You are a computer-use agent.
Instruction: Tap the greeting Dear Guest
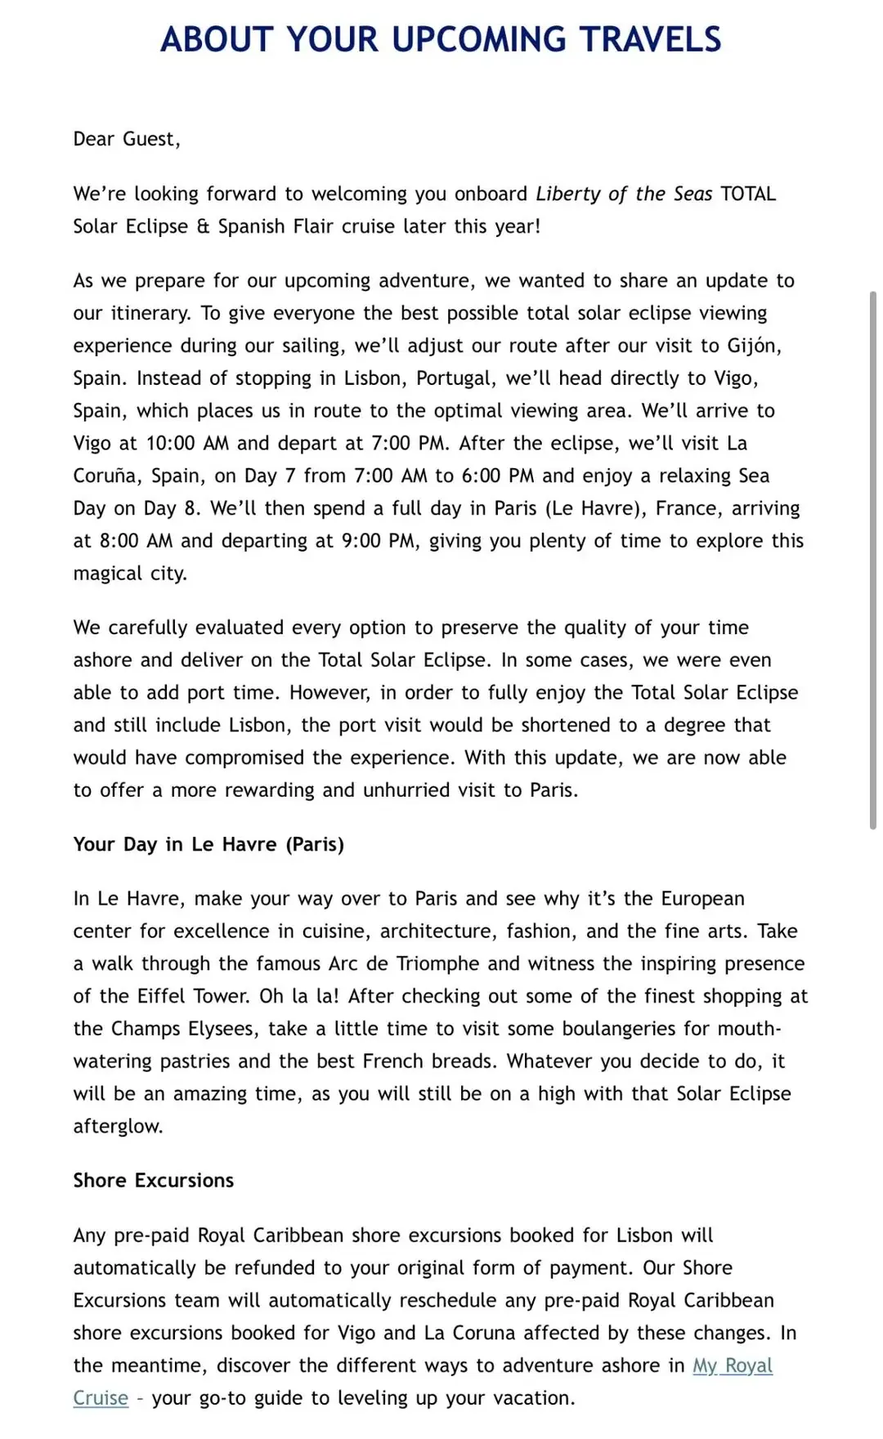click(126, 139)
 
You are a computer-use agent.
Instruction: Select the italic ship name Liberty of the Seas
click(624, 194)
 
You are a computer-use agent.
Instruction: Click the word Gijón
click(754, 346)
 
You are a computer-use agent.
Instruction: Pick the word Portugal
click(455, 378)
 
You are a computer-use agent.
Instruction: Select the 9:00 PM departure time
click(379, 541)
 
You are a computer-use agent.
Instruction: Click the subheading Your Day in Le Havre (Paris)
click(208, 844)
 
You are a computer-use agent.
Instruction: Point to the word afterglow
click(118, 1126)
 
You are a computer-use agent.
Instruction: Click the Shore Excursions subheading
click(154, 1181)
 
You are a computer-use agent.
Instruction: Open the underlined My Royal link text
click(733, 1365)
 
